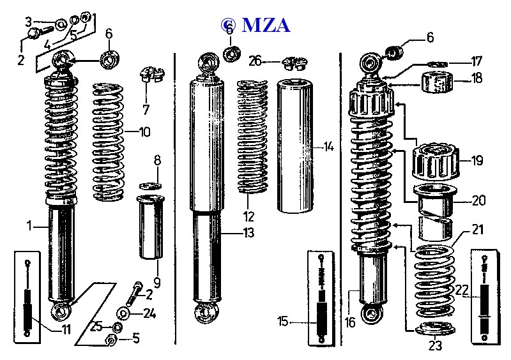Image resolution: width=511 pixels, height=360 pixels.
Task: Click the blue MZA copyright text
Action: (x=256, y=25)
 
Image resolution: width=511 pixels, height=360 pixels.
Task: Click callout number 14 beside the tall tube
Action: (x=328, y=147)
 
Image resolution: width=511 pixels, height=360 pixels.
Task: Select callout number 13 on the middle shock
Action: (x=248, y=233)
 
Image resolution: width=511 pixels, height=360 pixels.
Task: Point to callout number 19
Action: (x=477, y=161)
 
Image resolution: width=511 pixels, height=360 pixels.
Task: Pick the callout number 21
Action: (x=478, y=229)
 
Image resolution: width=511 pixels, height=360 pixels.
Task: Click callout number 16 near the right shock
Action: (x=350, y=322)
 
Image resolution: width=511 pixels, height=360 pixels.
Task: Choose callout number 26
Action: (x=256, y=61)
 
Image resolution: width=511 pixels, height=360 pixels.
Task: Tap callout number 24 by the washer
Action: (x=149, y=313)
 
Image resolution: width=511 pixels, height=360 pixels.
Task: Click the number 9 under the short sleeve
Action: (x=157, y=281)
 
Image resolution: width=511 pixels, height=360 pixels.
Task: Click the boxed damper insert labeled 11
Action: (x=27, y=297)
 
